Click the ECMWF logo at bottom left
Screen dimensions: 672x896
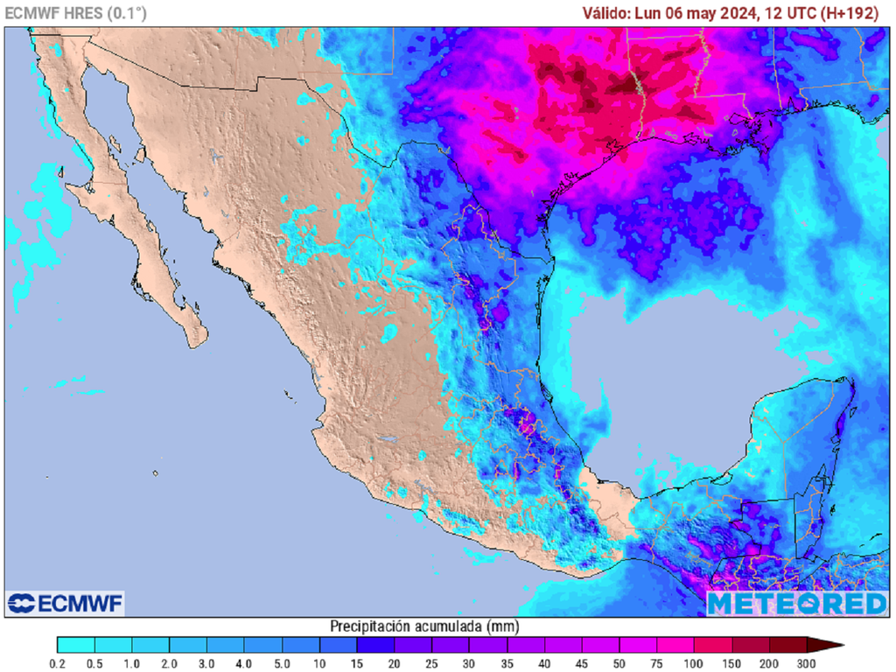coord(66,603)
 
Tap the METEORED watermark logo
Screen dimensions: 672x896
coord(796,603)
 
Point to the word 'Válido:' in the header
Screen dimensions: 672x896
coord(606,13)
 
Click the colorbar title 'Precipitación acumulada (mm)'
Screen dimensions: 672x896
coord(423,626)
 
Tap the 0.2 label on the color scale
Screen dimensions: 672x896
coord(58,664)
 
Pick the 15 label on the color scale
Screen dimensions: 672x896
coord(357,664)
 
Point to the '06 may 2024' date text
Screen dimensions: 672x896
coord(717,13)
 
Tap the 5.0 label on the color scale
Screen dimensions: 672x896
coord(282,664)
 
